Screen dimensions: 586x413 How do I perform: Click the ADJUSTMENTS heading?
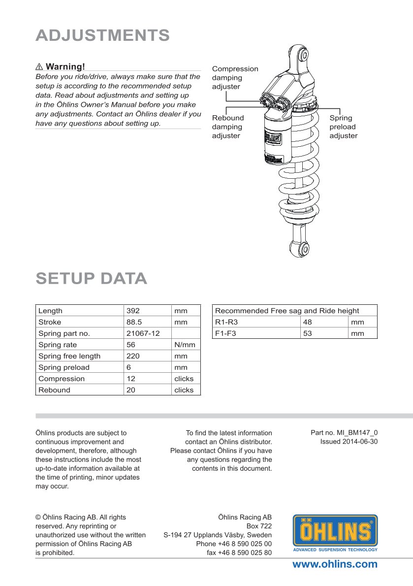click(x=103, y=35)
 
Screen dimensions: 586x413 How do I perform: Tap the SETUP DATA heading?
click(x=92, y=278)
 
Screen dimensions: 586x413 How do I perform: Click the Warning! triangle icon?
click(x=39, y=66)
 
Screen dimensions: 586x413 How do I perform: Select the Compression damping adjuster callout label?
click(x=235, y=78)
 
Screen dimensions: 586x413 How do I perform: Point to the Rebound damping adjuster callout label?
click(x=227, y=127)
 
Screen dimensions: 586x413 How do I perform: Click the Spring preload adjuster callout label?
click(x=343, y=127)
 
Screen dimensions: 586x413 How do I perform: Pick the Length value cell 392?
click(x=133, y=311)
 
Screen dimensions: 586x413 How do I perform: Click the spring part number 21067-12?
click(x=143, y=333)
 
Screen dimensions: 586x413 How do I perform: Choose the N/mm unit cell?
click(x=185, y=345)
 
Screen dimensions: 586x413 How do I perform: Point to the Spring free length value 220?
click(x=133, y=356)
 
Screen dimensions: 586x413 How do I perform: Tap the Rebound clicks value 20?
click(x=131, y=390)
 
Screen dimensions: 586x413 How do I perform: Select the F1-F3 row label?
click(x=226, y=333)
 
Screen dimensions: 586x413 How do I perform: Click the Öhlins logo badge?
click(x=335, y=532)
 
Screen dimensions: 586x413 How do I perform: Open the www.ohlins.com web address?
click(x=335, y=564)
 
